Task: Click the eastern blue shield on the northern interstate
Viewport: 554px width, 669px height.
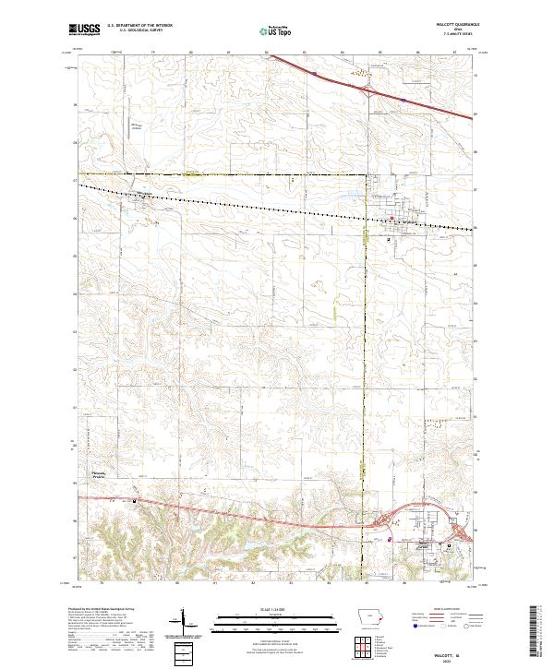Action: tap(403, 95)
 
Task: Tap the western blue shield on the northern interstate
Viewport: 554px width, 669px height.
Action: tap(314, 68)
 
